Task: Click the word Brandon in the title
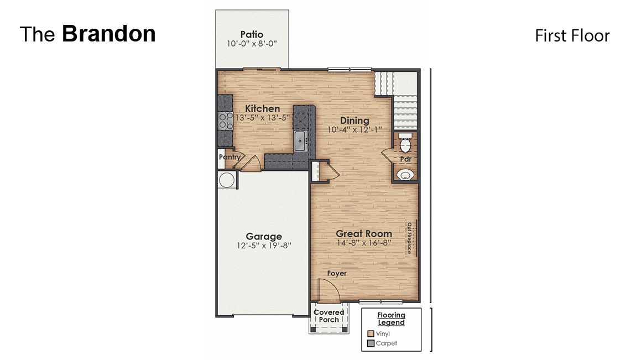108,34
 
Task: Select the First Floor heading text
572,36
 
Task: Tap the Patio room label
252,35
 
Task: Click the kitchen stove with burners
225,120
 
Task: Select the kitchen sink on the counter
301,140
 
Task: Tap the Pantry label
230,157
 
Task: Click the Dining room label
354,121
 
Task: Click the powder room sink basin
405,175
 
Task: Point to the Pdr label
405,159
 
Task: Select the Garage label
264,237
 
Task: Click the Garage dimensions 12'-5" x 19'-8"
264,246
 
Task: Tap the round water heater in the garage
226,180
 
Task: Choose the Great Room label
364,233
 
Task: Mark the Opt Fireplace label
409,238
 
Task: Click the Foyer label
337,273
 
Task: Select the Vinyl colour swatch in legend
371,333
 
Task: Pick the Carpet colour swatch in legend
371,343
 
